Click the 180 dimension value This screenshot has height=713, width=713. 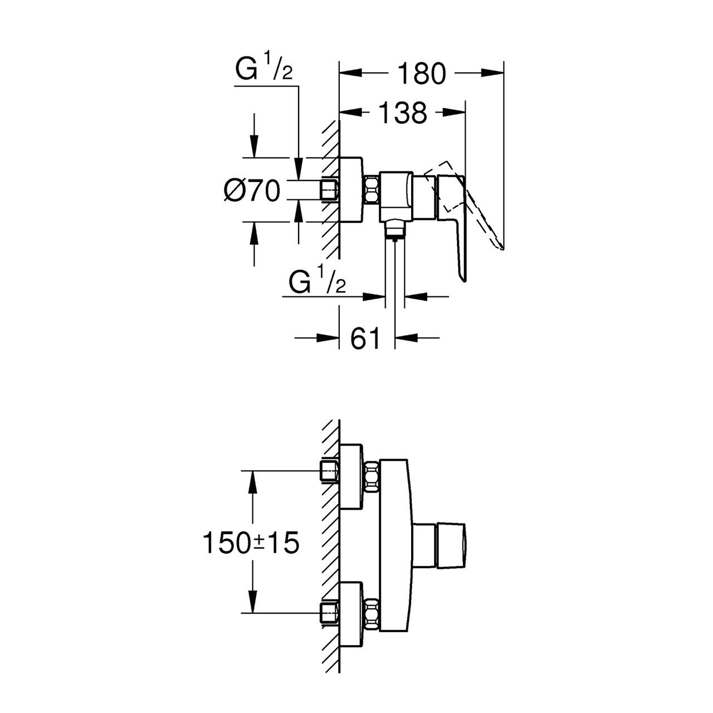tap(422, 74)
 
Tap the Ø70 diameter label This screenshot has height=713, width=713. tap(252, 191)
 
